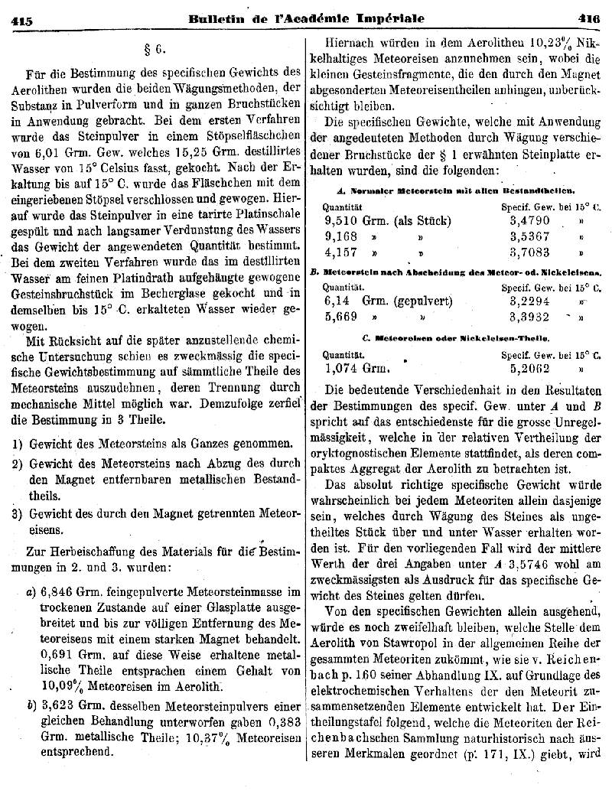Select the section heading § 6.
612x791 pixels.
click(x=155, y=51)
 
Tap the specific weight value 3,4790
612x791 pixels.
click(x=531, y=220)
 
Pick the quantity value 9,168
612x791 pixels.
click(x=342, y=236)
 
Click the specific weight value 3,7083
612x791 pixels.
click(x=530, y=252)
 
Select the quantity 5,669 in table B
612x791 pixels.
click(x=341, y=317)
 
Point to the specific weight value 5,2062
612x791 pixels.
click(x=530, y=366)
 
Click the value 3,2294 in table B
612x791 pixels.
click(x=530, y=301)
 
